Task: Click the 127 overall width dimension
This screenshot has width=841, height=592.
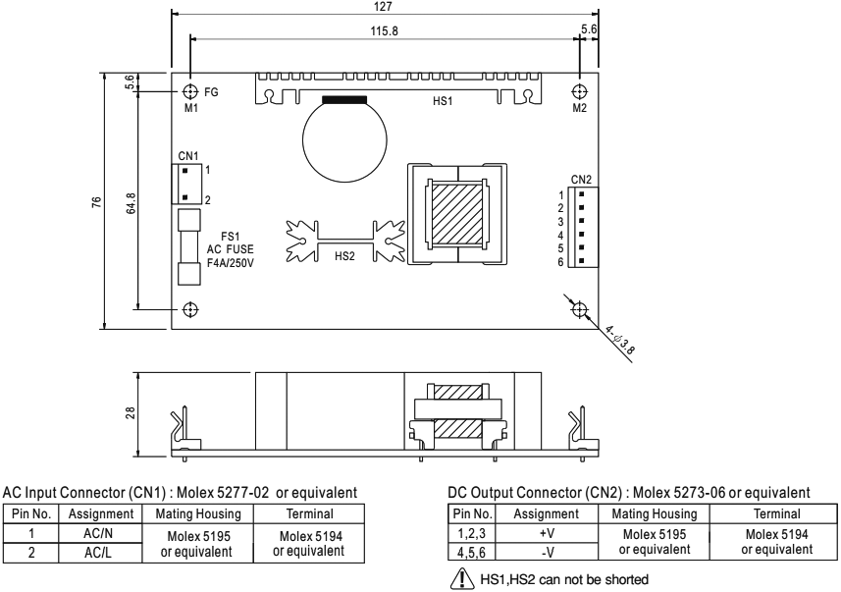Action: tap(387, 6)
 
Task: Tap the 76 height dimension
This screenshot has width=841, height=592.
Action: tap(94, 200)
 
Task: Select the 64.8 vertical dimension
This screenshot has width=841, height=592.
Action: tap(128, 200)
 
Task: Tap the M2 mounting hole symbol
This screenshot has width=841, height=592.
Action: tap(579, 91)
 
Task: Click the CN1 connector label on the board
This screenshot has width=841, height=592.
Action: tap(188, 155)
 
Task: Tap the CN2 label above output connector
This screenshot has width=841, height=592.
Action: tap(580, 180)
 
